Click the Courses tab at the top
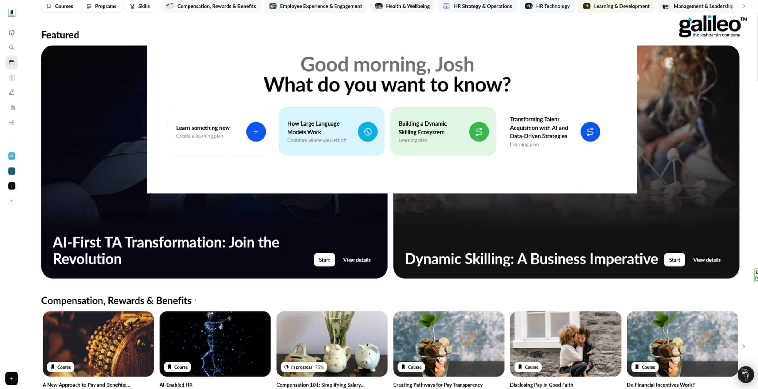60,6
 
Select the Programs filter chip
101,6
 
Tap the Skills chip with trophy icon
140,6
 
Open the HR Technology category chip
547,6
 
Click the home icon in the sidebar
12,33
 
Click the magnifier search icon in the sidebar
12,47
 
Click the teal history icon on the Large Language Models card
367,132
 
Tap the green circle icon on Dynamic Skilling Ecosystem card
479,132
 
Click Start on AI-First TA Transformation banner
324,260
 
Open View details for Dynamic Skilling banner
707,260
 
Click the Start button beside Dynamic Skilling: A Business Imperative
674,260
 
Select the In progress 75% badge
304,367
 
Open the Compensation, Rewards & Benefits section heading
116,300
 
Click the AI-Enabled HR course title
176,385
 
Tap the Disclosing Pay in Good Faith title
541,385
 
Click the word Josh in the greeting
454,65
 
